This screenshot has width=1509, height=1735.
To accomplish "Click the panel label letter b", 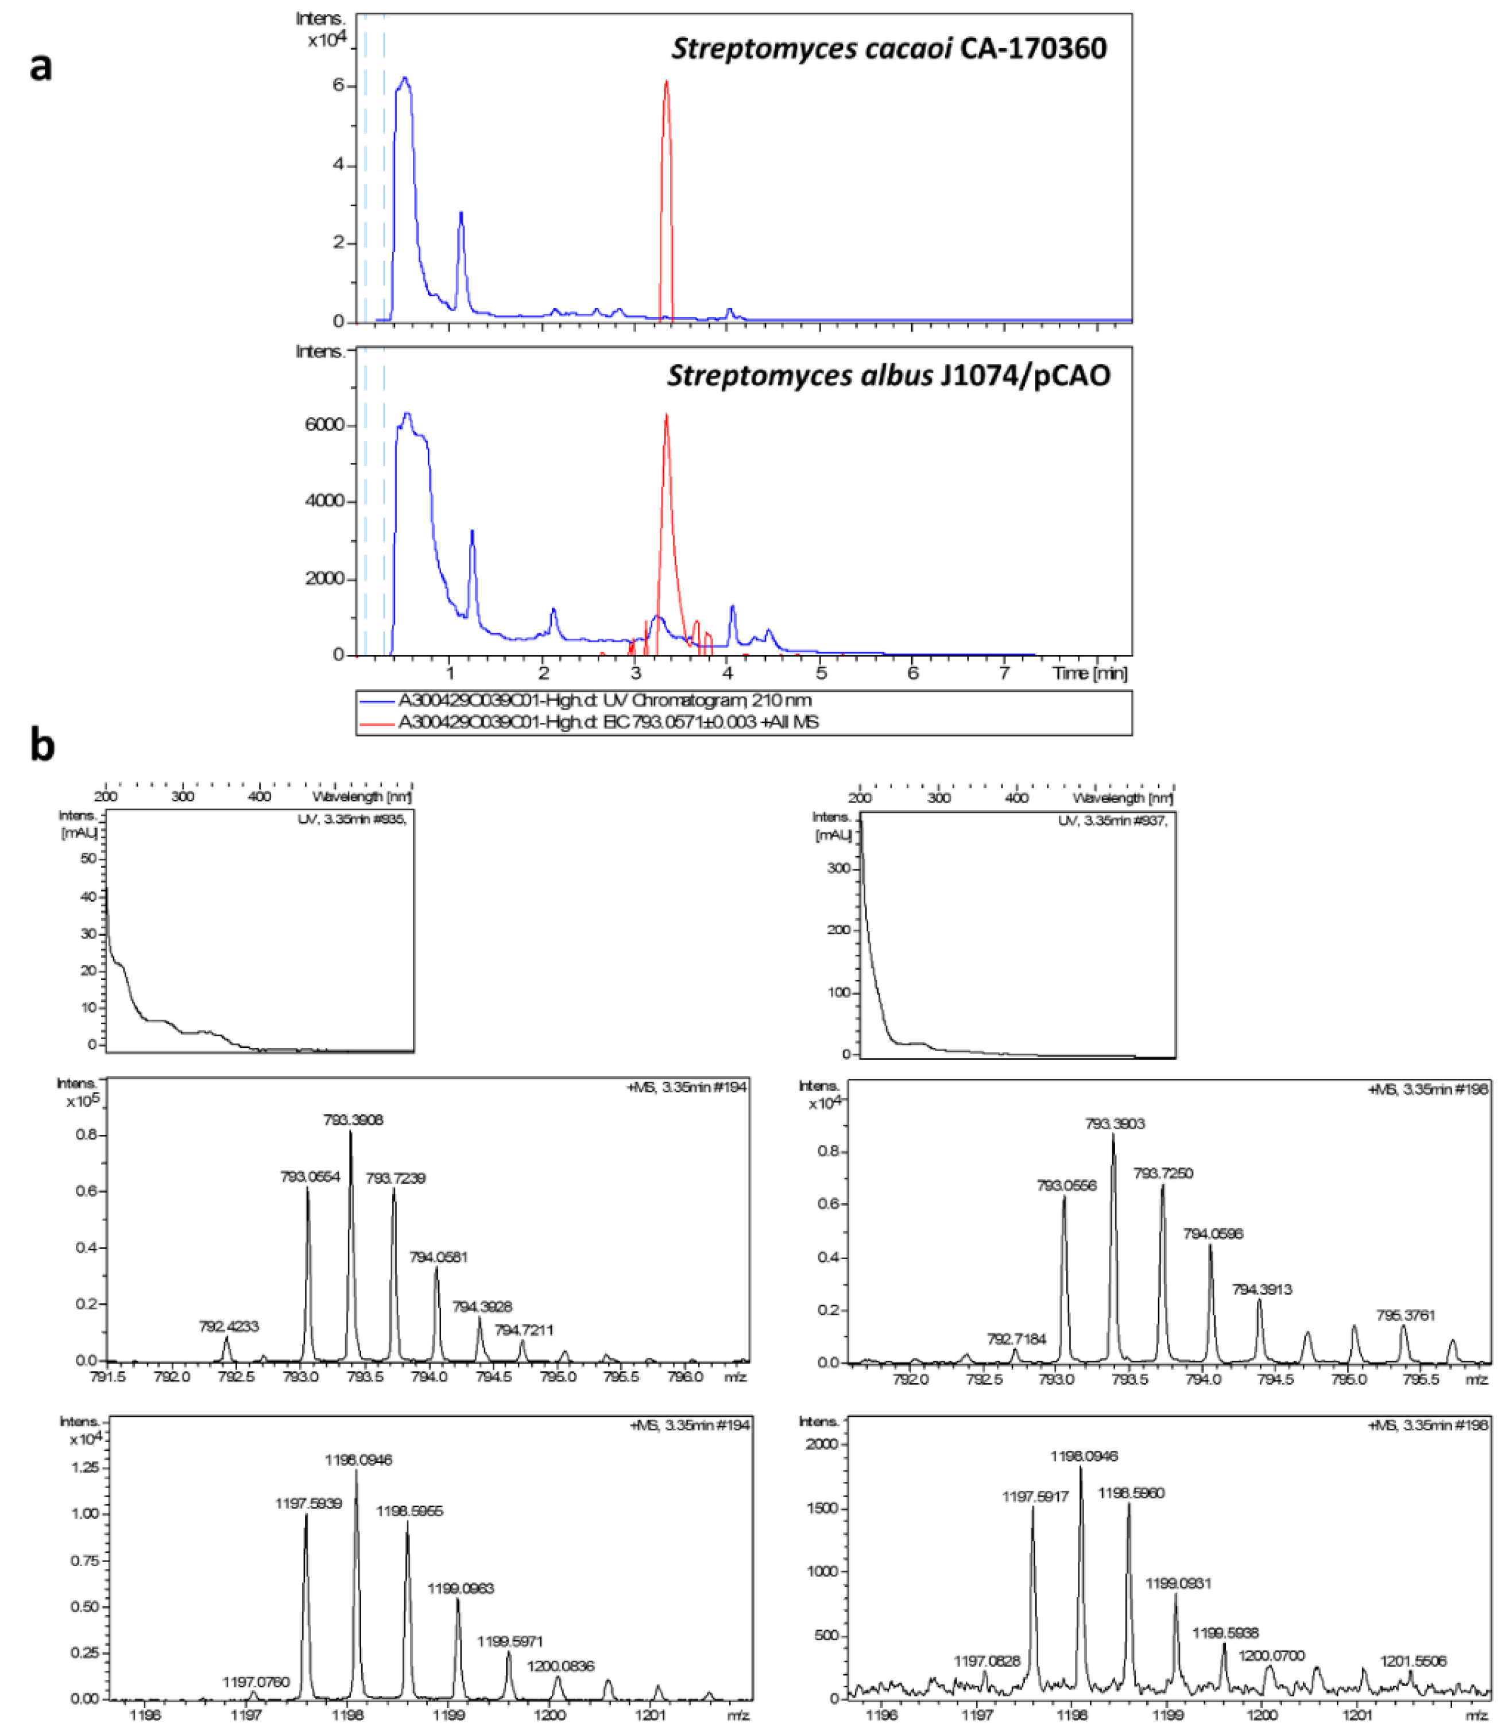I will click(42, 746).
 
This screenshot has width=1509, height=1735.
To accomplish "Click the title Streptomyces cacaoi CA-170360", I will click(888, 49).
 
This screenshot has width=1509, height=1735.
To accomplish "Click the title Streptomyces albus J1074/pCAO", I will click(888, 375).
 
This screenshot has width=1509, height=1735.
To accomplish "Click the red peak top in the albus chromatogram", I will click(666, 416).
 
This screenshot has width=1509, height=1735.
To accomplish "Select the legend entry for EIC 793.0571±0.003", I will click(608, 722).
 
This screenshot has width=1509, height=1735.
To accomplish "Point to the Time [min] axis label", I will click(1090, 673).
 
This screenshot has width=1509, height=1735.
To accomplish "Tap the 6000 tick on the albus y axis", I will click(324, 425).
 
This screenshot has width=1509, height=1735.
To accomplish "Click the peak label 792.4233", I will click(228, 1327).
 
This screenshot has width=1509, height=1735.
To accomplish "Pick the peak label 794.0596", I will click(1213, 1234).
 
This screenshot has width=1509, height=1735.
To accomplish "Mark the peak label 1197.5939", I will click(308, 1504).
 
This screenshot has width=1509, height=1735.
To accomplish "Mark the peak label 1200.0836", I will click(561, 1666).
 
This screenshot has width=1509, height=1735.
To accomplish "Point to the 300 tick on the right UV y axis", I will click(839, 868).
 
